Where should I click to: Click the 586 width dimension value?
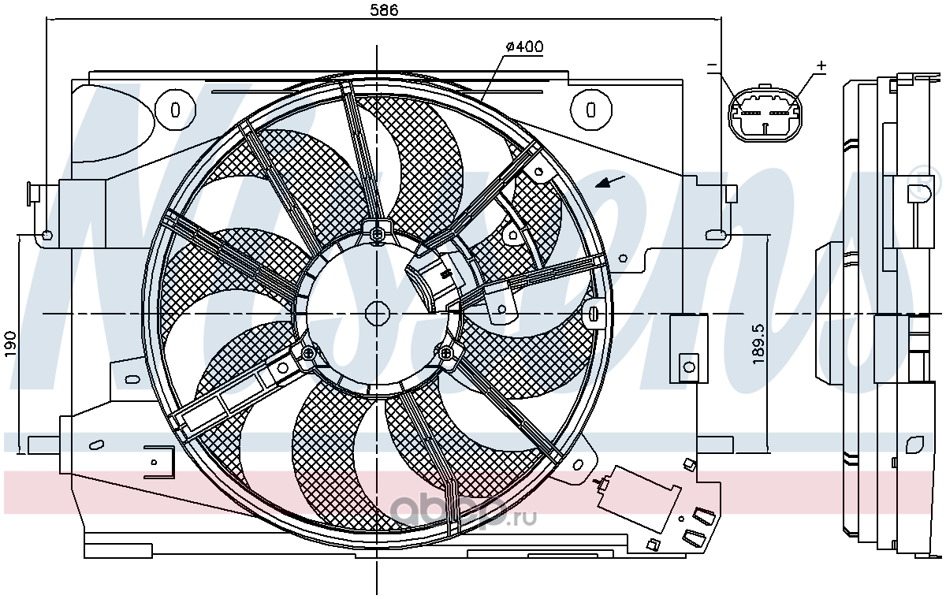click(384, 10)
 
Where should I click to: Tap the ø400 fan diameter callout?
click(524, 47)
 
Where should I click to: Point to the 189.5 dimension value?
click(758, 344)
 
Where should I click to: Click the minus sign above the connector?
click(712, 65)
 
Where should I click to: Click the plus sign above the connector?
click(821, 65)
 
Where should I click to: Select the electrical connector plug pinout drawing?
click(765, 114)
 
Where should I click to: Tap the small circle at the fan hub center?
click(377, 314)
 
